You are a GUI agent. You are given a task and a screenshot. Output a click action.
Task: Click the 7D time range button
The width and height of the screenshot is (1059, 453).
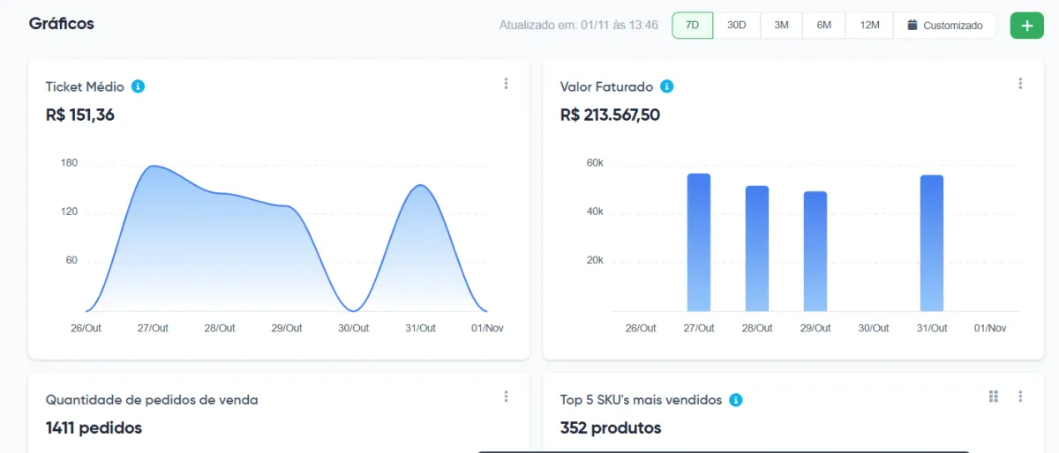(x=693, y=26)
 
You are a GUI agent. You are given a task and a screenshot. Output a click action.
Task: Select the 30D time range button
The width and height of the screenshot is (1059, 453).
(x=737, y=26)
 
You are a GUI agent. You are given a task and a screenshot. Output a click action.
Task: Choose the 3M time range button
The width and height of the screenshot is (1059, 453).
(x=781, y=26)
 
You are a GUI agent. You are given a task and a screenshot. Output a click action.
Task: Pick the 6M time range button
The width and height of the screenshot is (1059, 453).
(x=824, y=26)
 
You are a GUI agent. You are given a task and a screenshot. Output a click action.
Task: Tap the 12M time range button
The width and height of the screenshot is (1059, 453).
(x=869, y=26)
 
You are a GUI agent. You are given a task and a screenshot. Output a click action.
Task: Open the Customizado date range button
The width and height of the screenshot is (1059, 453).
(x=944, y=26)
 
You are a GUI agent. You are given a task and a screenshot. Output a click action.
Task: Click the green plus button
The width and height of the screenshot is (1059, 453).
(x=1026, y=26)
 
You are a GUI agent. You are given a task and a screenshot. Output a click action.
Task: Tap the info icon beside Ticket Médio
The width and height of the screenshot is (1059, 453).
(x=138, y=86)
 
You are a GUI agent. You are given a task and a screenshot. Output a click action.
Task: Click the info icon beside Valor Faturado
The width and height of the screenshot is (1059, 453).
(x=667, y=86)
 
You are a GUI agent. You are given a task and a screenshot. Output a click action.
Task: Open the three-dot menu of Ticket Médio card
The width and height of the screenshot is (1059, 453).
(x=506, y=84)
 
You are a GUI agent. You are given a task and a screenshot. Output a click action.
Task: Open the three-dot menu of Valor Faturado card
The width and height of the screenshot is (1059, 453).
(x=1020, y=84)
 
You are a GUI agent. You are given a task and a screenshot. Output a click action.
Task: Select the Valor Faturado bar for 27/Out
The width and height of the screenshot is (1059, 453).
(x=699, y=242)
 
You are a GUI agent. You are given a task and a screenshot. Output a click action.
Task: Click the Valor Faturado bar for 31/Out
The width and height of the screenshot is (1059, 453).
(x=932, y=243)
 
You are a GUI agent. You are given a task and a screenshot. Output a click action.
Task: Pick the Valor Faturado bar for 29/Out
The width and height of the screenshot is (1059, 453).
(x=815, y=251)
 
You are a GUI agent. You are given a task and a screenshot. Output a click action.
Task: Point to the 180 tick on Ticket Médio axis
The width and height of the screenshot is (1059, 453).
(x=70, y=163)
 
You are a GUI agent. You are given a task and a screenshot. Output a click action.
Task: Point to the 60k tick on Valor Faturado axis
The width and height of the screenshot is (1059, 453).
(x=594, y=163)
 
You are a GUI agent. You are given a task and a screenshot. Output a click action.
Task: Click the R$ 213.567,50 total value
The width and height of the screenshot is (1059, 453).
(x=610, y=115)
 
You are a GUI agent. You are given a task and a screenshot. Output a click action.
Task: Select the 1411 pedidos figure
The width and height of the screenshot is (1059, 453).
(x=94, y=427)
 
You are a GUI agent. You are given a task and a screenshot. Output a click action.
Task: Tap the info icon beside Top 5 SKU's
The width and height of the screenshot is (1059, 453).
(x=736, y=400)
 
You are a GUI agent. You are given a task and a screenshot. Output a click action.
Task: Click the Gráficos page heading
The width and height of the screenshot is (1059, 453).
(x=62, y=24)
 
